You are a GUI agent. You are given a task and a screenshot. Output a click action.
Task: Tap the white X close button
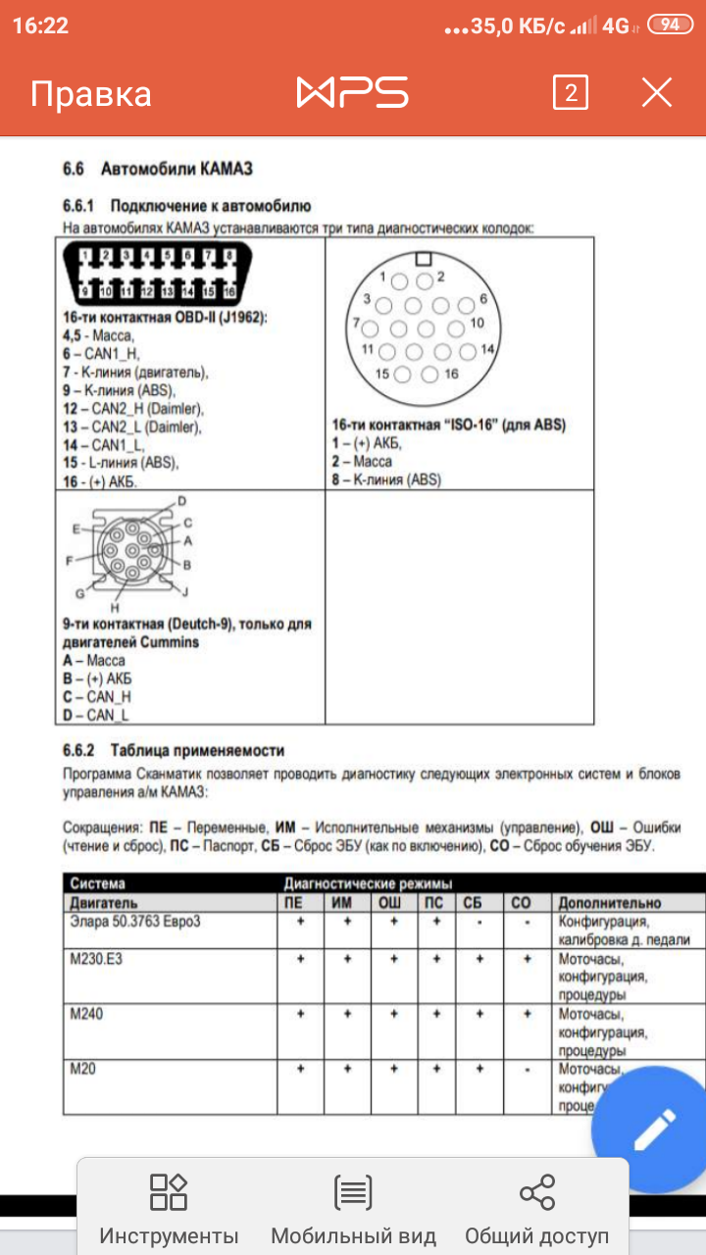pos(656,93)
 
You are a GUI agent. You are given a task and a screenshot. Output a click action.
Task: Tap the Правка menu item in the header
pos(91,94)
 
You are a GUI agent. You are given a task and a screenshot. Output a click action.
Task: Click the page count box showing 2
pos(571,93)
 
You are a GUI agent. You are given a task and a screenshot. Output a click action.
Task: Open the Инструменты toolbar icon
pos(169,1209)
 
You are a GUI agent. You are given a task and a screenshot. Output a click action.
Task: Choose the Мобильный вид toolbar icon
pos(353,1209)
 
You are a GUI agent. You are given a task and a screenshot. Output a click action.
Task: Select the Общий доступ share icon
pos(536,1209)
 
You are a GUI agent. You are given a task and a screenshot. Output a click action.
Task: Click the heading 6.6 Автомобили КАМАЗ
pos(158,169)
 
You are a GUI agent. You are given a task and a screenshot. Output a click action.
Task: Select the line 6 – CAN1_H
pos(100,354)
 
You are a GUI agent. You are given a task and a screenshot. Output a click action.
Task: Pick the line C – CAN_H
pos(96,696)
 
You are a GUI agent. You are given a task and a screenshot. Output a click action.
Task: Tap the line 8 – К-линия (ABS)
pos(386,480)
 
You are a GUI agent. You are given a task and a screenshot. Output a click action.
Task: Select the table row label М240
pos(86,1013)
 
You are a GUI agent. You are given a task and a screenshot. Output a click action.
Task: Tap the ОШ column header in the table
pos(390,902)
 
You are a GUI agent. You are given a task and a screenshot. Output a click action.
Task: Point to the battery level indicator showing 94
pos(671,25)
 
